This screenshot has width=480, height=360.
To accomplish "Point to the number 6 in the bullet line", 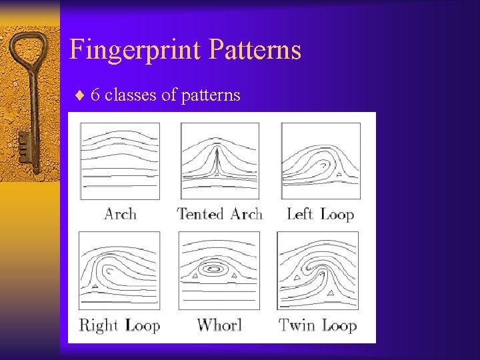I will [x=95, y=95].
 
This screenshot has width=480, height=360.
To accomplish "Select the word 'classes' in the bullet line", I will [x=131, y=95].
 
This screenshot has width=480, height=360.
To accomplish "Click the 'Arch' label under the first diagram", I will [x=120, y=214].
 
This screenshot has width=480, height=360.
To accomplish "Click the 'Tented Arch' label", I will [x=219, y=214].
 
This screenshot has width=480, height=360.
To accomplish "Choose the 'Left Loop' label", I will [x=319, y=214].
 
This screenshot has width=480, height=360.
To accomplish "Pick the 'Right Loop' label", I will [x=119, y=325].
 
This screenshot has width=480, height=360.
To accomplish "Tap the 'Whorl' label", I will [x=219, y=325].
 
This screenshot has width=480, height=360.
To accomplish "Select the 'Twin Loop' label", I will [x=318, y=325].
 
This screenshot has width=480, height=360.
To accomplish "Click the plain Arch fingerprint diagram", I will [x=120, y=161].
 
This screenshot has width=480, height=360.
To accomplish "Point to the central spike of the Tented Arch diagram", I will [x=218, y=160].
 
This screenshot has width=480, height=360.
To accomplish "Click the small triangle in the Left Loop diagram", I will [x=339, y=175].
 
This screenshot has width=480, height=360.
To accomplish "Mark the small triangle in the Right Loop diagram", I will [x=95, y=286].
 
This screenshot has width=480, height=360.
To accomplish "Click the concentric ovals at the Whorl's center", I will [x=215, y=270].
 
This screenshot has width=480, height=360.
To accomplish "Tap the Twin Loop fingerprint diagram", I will [x=318, y=270].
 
